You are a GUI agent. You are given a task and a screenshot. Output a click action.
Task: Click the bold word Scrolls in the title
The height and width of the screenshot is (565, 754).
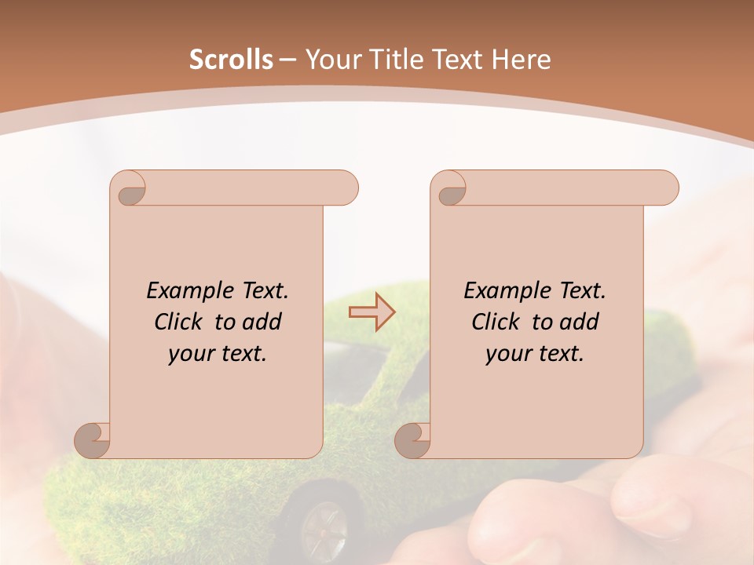tap(231, 60)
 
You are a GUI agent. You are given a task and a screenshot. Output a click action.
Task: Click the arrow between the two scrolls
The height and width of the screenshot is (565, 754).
tap(372, 312)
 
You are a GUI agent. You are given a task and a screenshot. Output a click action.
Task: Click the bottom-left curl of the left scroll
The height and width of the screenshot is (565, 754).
tap(93, 440)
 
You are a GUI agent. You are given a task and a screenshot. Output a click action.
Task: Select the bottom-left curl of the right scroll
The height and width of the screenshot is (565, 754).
tap(412, 440)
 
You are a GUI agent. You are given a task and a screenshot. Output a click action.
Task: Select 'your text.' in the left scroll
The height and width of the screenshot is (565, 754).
tap(218, 354)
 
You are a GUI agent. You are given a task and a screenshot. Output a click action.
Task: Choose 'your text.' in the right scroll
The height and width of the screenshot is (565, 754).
tap(535, 354)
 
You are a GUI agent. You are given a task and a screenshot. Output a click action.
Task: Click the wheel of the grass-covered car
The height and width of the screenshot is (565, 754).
tap(323, 523)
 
